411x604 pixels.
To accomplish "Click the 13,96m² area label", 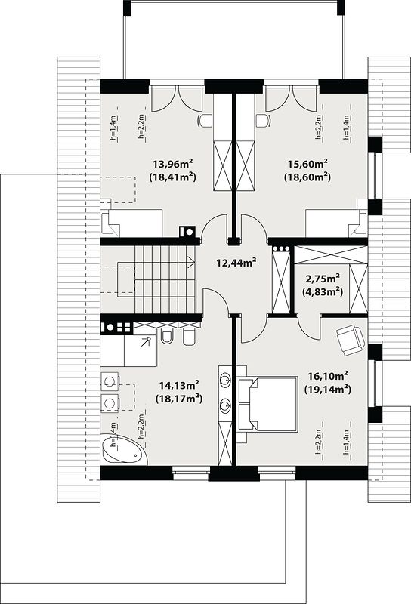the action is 173,164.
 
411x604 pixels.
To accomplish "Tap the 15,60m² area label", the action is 307,164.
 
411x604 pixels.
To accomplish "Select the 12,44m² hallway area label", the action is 236,263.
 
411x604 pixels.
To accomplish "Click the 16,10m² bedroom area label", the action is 328,375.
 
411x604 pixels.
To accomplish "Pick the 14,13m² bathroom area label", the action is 179,385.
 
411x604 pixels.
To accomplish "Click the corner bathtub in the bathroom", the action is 124,450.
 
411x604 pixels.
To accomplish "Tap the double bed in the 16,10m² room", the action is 268,405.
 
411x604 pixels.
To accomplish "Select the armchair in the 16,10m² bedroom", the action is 350,340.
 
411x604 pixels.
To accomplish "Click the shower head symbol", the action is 147,341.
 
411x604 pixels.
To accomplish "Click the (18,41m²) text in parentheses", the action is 173,177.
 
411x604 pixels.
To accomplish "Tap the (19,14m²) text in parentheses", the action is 328,389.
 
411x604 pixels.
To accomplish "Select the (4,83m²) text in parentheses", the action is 323,291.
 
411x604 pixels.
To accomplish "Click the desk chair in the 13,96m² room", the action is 204,121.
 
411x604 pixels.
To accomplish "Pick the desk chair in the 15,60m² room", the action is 263,121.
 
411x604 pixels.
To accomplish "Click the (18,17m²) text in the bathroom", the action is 179,399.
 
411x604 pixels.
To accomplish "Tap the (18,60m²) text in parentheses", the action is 307,177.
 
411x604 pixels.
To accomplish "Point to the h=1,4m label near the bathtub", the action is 113,435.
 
